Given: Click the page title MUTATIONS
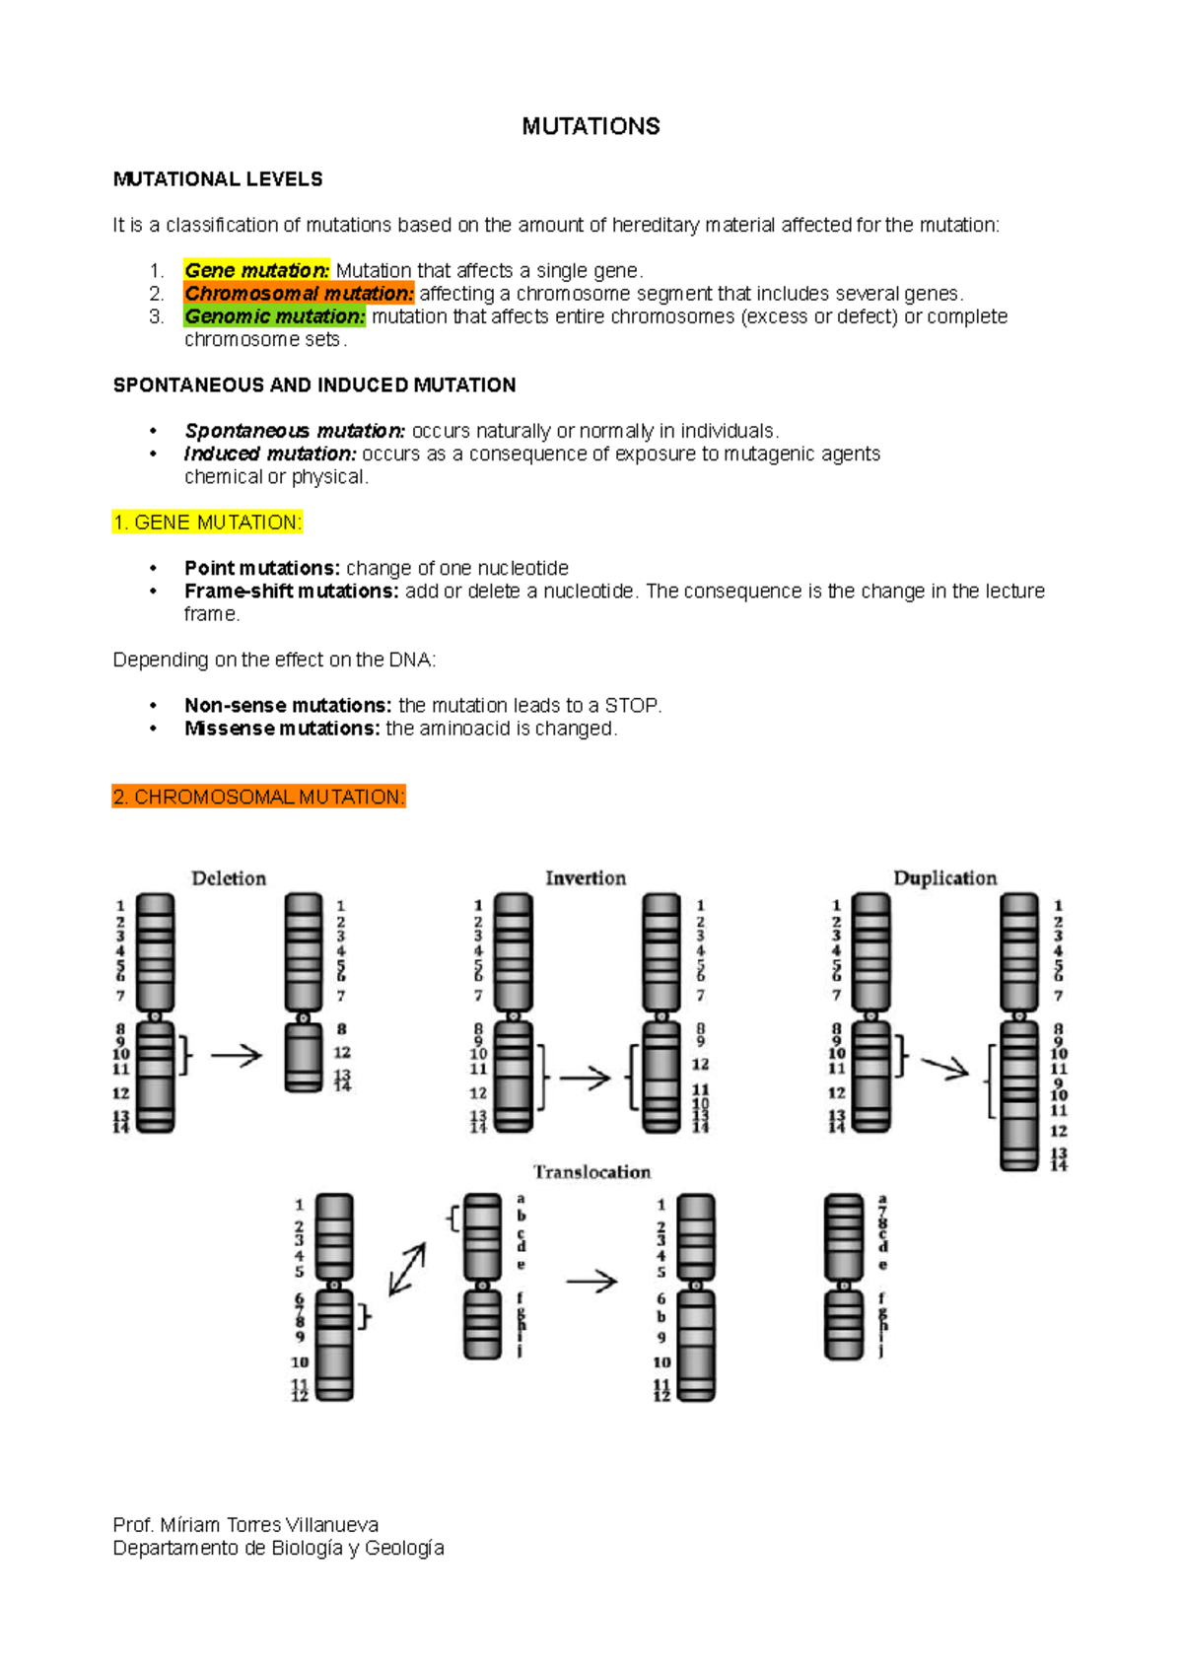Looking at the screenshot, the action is pyautogui.click(x=591, y=126).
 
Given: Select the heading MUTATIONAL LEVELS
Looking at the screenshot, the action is pyautogui.click(x=218, y=179).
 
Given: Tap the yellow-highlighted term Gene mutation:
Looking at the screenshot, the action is pyautogui.click(x=256, y=270).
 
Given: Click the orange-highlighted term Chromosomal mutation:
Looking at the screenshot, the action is pyautogui.click(x=299, y=293).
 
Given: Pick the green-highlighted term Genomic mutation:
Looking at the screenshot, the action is pyautogui.click(x=274, y=316).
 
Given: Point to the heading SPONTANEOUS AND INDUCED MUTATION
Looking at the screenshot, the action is pyautogui.click(x=314, y=384).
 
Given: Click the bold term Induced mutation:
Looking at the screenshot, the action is pyautogui.click(x=270, y=453).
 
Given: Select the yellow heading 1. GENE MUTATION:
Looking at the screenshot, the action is pyautogui.click(x=207, y=522).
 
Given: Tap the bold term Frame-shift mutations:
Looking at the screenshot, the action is pyautogui.click(x=291, y=591).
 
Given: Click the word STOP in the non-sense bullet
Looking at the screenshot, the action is pyautogui.click(x=631, y=706).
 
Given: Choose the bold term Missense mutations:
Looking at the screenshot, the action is pyautogui.click(x=282, y=729).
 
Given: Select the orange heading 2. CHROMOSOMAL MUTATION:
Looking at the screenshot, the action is pyautogui.click(x=258, y=797).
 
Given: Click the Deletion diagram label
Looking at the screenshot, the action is pyautogui.click(x=229, y=878).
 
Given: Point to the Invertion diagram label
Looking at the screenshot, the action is pyautogui.click(x=586, y=878).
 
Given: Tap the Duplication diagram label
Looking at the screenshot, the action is pyautogui.click(x=944, y=878).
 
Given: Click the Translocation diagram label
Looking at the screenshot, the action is pyautogui.click(x=591, y=1172).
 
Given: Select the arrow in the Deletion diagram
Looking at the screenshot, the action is pyautogui.click(x=237, y=1056).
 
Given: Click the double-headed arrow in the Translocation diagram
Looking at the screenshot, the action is pyautogui.click(x=407, y=1269).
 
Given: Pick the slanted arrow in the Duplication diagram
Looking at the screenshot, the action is pyautogui.click(x=944, y=1067).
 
